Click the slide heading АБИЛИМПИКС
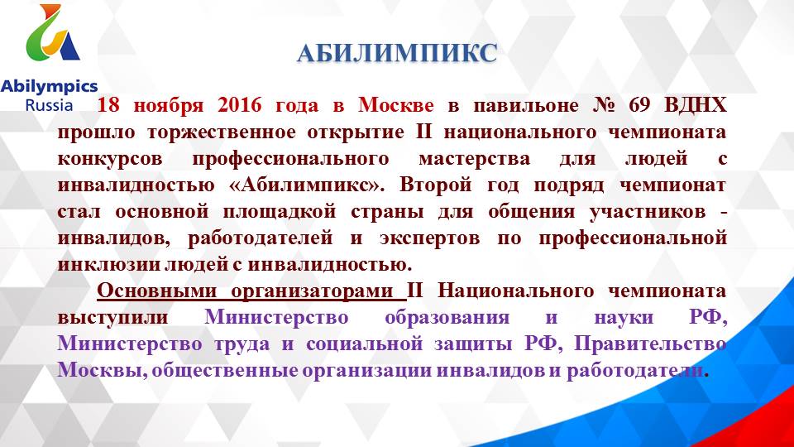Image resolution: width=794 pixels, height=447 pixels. pos(397,54)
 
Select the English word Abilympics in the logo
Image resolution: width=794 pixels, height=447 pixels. pos(49,86)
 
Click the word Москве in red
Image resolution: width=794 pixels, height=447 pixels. pos(396,105)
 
